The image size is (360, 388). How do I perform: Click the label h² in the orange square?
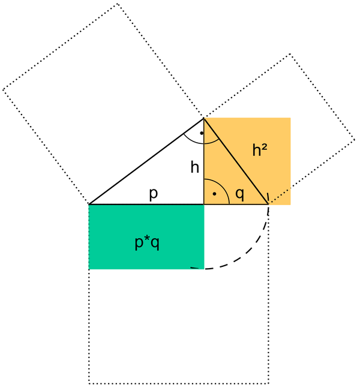(260, 151)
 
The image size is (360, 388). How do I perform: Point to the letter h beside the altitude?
(195, 167)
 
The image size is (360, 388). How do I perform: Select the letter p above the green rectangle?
(154, 195)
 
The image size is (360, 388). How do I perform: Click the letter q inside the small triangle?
(239, 194)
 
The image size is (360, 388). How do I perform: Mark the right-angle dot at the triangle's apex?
(202, 133)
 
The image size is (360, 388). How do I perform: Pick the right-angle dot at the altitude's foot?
(214, 195)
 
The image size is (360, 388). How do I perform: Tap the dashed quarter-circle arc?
(251, 252)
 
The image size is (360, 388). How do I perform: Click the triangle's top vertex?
(204, 118)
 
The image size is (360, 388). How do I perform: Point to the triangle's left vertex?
(89, 204)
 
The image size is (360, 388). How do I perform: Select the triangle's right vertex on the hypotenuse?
(268, 204)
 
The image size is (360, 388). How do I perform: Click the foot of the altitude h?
(204, 204)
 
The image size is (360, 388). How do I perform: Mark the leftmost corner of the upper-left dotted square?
(4, 90)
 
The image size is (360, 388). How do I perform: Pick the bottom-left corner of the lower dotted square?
(89, 383)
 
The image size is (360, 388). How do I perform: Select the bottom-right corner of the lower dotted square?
(268, 383)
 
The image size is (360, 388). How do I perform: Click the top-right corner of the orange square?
(290, 118)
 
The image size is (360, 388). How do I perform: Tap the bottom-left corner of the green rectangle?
(89, 269)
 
